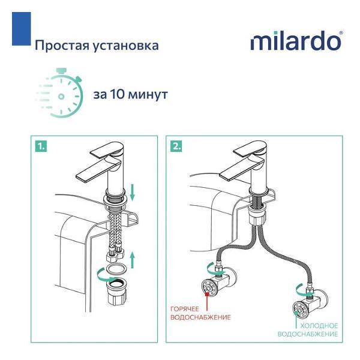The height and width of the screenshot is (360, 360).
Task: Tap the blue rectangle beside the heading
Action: [x=22, y=29]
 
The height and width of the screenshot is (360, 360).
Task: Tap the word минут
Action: [x=148, y=95]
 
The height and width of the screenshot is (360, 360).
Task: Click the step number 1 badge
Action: [x=41, y=146]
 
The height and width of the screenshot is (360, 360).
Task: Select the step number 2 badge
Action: [x=176, y=146]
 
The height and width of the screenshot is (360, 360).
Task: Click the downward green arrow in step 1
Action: [x=132, y=193]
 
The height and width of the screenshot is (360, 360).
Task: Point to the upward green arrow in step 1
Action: [x=132, y=259]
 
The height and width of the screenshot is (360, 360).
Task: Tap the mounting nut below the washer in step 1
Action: [x=116, y=292]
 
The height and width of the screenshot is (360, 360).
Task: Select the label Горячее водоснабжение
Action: [x=200, y=313]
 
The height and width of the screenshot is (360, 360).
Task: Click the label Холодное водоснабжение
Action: [x=308, y=329]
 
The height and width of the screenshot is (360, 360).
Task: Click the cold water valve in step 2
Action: [x=309, y=304]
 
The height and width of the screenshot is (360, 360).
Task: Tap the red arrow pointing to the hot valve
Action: [x=208, y=301]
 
